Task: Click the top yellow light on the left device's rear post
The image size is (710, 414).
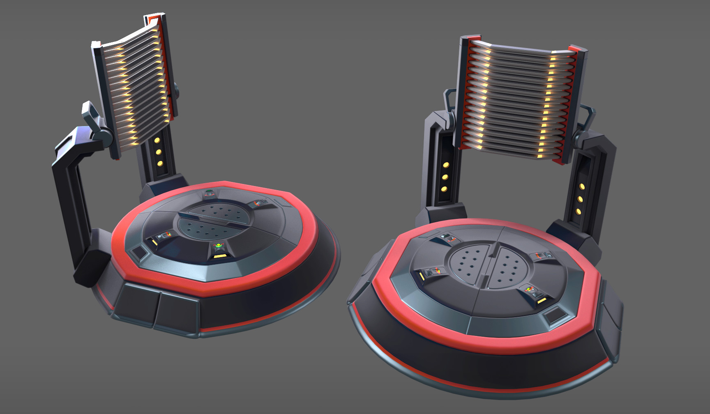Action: pos(157,140)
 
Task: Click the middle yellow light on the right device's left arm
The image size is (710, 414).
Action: pos(445,177)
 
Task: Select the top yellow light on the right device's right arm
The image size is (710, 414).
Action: pos(582,187)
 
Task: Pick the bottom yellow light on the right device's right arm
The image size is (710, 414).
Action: pos(579,212)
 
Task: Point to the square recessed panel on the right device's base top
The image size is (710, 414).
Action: pos(555,317)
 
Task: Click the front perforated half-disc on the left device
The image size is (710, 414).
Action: pos(201,229)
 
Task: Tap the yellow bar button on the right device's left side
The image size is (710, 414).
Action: pos(422,278)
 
